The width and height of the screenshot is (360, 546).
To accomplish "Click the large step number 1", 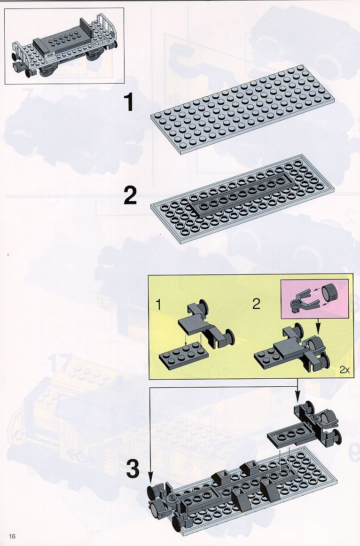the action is tap(129, 102).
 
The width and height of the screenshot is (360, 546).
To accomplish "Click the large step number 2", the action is tap(130, 195).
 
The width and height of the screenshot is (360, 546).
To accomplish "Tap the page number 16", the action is tap(13, 536).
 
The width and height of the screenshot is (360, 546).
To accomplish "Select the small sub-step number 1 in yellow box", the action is tap(159, 304).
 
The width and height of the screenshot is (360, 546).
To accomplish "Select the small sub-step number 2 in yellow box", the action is tap(257, 304).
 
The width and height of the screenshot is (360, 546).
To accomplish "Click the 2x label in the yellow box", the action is tap(344, 370).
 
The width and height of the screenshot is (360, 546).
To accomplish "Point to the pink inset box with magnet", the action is tap(315, 298).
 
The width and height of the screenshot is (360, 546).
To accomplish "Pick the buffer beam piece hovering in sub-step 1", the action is tap(206, 323).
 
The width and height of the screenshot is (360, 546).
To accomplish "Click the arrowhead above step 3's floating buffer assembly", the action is tap(297, 398).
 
